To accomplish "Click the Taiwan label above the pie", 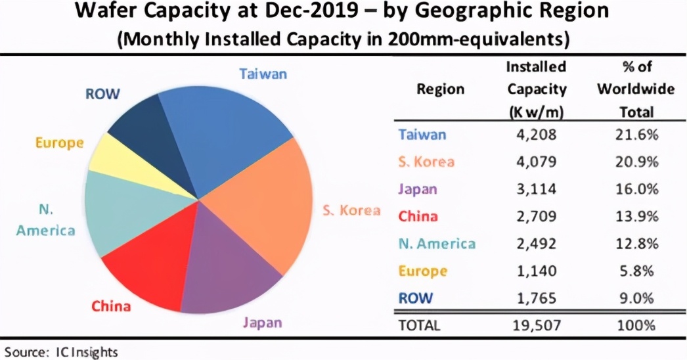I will [x=263, y=74].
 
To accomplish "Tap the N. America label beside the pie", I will [x=46, y=221].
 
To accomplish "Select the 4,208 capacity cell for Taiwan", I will [x=536, y=135].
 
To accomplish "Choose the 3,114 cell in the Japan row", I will [x=536, y=189].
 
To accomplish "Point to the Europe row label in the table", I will [x=422, y=271].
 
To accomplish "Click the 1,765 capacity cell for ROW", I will [x=536, y=298].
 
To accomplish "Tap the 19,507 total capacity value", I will [x=536, y=325].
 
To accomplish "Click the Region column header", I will [x=440, y=89].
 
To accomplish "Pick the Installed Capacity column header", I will [x=536, y=89].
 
